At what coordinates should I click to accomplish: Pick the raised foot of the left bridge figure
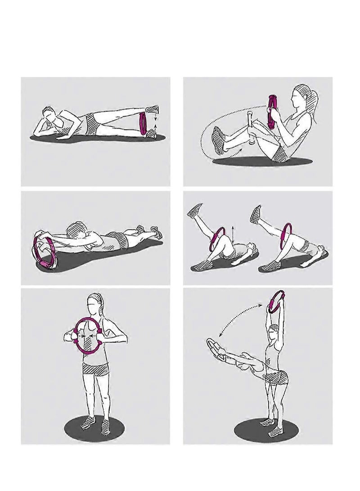tap(195, 211)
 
